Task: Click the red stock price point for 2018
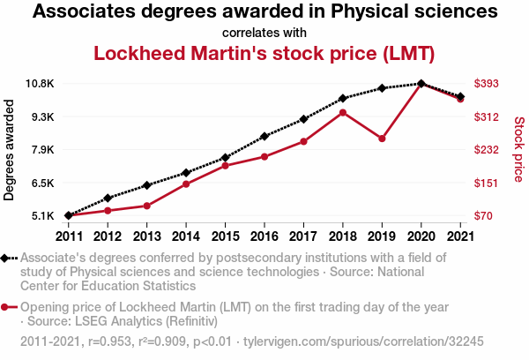click(343, 112)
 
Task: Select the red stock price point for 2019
click(382, 139)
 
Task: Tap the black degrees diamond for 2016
click(264, 137)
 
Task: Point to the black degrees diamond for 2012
click(108, 198)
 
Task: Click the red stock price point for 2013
click(146, 206)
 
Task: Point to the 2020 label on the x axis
click(421, 236)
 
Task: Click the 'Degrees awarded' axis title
click(10, 150)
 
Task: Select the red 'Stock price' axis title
click(518, 150)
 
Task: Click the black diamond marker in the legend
click(6, 259)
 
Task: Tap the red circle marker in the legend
click(6, 307)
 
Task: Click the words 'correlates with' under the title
click(264, 34)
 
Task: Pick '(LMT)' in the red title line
click(408, 53)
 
